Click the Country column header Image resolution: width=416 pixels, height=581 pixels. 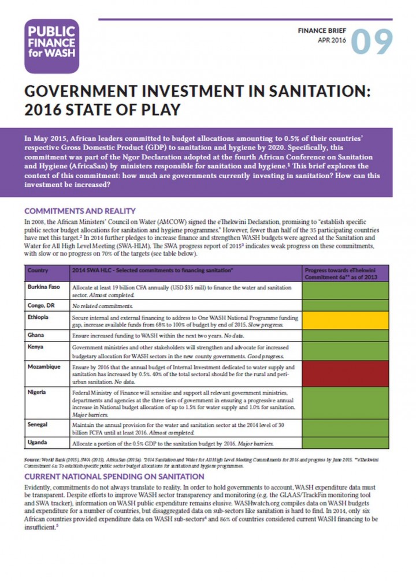point(38,270)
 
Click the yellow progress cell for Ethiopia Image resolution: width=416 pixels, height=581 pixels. point(348,320)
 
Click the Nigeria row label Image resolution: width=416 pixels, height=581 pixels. point(38,392)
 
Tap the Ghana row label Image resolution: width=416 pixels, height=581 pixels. point(36,334)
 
